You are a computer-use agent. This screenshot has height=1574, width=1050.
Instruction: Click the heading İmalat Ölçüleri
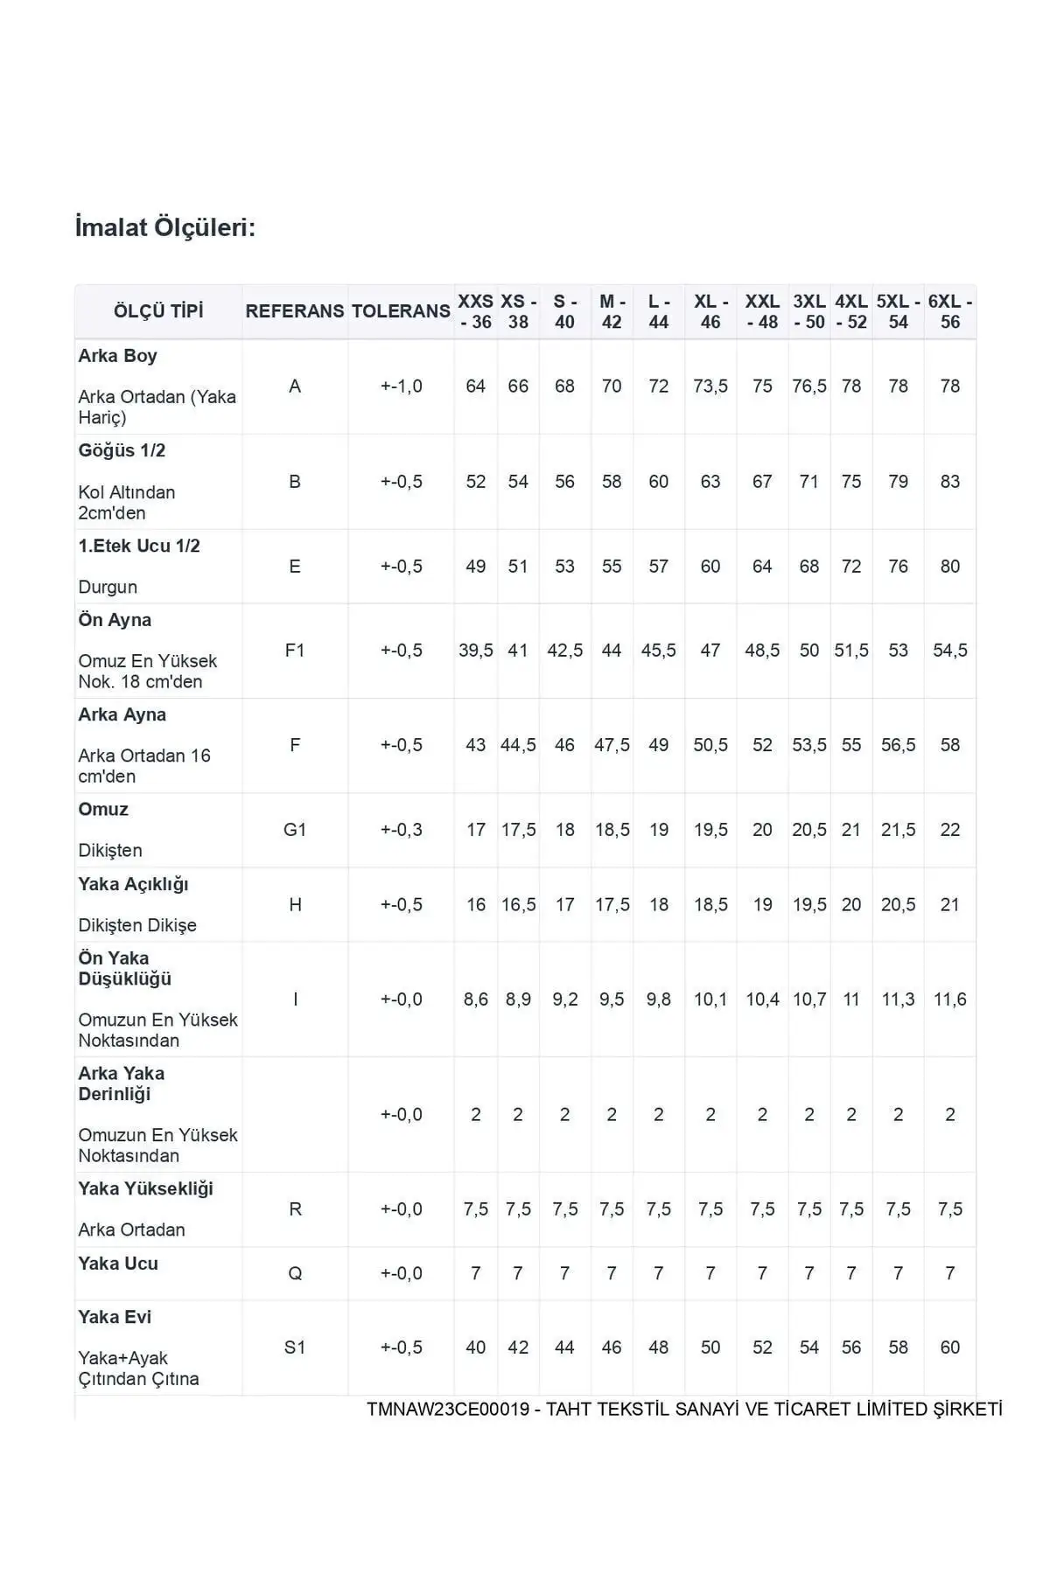(x=165, y=228)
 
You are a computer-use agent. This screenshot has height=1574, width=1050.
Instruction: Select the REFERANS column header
(x=294, y=311)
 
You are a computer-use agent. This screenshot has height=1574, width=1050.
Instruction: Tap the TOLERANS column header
(x=401, y=311)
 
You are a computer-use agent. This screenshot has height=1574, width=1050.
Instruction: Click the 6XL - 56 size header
(x=950, y=311)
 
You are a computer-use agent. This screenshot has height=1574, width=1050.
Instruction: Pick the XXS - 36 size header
(x=476, y=311)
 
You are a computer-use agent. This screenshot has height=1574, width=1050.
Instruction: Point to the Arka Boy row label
(x=117, y=356)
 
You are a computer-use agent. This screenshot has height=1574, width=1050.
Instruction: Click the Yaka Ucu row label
(x=118, y=1264)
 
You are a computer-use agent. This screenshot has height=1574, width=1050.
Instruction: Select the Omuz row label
(x=103, y=810)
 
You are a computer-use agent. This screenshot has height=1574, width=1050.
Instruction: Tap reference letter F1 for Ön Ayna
(x=295, y=651)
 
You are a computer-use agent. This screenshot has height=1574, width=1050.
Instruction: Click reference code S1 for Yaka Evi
(x=295, y=1348)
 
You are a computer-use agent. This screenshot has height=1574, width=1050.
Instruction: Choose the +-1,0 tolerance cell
(x=402, y=387)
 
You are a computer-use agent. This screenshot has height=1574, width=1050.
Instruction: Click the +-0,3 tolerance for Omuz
(x=402, y=830)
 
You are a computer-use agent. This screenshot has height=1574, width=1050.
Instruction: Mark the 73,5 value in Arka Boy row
(x=710, y=387)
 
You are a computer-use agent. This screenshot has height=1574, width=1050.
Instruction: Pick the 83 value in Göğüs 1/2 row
(x=950, y=482)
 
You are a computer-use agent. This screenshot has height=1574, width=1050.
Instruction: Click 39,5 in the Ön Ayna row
(x=476, y=651)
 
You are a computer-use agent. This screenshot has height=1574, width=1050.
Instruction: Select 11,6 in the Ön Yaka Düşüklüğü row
(x=950, y=999)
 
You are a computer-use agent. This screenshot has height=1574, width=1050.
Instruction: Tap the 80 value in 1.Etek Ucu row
(x=950, y=567)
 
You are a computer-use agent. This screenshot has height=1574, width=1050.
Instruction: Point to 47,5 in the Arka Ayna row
(x=612, y=745)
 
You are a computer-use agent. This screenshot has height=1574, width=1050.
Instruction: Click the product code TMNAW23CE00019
(x=448, y=1410)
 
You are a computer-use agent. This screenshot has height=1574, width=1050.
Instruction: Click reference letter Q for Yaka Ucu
(x=295, y=1274)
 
